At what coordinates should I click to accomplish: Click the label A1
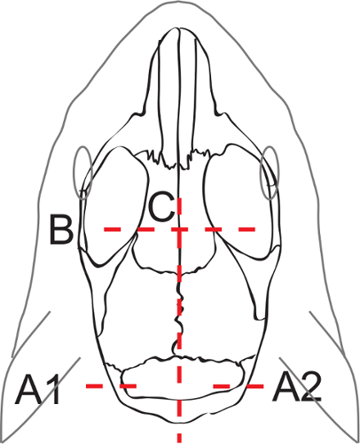(38, 389)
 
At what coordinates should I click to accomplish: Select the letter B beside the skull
(61, 230)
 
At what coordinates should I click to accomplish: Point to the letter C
(161, 206)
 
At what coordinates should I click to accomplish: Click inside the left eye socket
(116, 204)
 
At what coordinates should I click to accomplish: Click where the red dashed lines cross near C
(179, 229)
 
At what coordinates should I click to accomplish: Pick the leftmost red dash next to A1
(94, 386)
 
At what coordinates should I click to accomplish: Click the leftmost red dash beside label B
(112, 229)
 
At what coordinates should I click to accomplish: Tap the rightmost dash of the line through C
(247, 229)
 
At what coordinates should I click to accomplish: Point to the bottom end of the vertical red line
(179, 442)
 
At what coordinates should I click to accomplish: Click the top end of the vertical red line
(179, 199)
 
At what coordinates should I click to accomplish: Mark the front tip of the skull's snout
(176, 28)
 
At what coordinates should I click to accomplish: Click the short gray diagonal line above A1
(31, 334)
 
